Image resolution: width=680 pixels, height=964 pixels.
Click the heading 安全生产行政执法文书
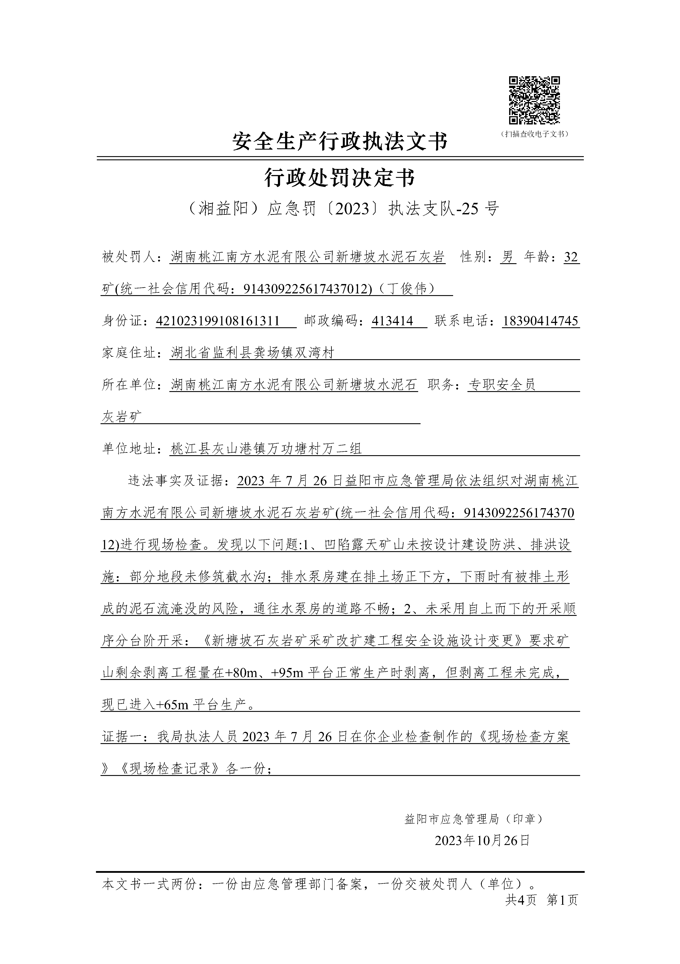(x=340, y=141)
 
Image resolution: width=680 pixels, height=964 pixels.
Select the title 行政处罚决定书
(x=340, y=178)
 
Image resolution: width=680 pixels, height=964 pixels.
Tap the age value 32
(x=571, y=257)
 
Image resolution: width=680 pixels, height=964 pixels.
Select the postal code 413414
(x=393, y=321)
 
